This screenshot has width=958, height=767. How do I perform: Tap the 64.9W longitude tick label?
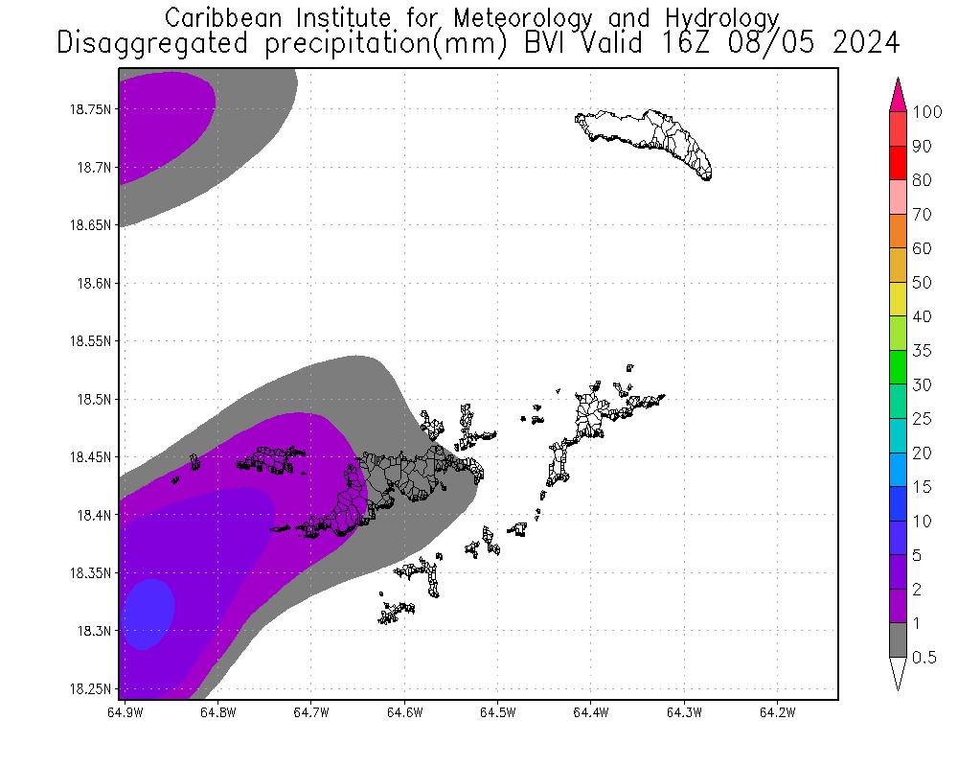pyautogui.click(x=125, y=712)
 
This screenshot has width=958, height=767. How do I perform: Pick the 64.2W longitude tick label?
pyautogui.click(x=776, y=712)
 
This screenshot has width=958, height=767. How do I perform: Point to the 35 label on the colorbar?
pyautogui.click(x=922, y=351)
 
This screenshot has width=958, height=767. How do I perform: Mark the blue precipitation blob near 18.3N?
pyautogui.click(x=149, y=614)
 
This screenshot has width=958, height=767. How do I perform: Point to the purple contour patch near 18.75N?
pyautogui.click(x=163, y=120)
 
